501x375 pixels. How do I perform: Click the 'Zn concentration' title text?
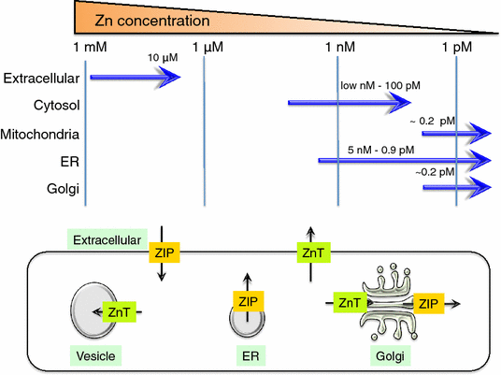(x=150, y=20)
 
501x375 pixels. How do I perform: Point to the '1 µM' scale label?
(x=207, y=48)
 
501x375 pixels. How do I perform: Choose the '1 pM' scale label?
(x=457, y=48)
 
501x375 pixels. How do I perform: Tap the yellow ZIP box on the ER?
(x=248, y=300)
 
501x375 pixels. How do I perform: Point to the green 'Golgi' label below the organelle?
(x=385, y=356)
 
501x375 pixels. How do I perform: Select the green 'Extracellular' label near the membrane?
(x=105, y=239)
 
